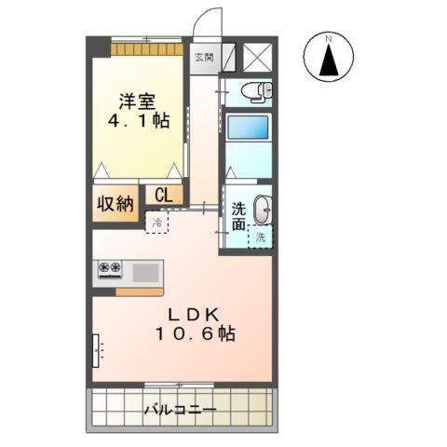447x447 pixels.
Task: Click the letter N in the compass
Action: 329,39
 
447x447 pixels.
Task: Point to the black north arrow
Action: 329,62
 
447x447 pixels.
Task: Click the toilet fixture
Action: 256,91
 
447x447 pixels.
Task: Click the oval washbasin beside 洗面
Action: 262,210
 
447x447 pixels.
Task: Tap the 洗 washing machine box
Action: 261,237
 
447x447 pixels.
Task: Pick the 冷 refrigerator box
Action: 157,223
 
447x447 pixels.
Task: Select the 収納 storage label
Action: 114,204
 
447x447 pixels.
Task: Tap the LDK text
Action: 194,314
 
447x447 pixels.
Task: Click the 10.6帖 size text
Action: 194,333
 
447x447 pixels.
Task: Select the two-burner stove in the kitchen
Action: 110,270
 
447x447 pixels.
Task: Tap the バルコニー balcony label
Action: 180,410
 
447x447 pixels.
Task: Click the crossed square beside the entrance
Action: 255,55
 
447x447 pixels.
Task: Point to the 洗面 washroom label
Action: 239,217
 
